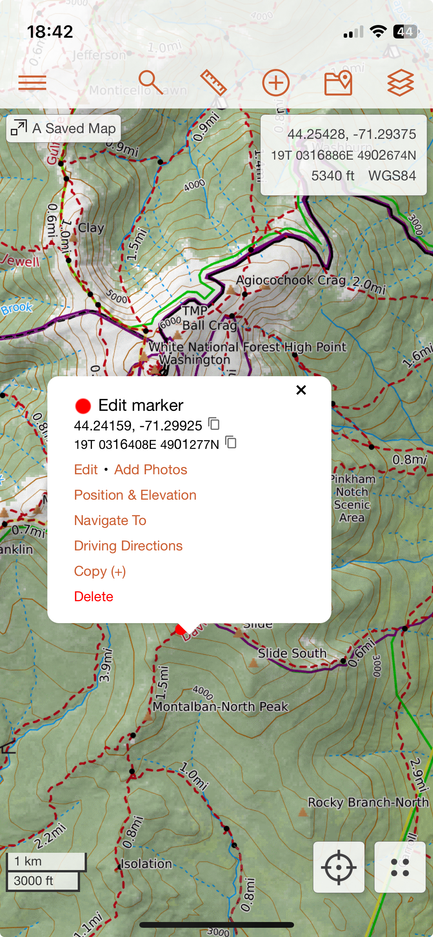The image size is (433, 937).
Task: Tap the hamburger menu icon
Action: (32, 83)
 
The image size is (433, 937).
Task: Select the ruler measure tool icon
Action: (213, 82)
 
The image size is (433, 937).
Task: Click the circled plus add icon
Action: (276, 83)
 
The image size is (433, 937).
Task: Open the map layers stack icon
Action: (400, 83)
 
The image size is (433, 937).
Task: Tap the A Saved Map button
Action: (64, 128)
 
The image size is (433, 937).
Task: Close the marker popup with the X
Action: (301, 390)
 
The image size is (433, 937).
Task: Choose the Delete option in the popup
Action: (94, 597)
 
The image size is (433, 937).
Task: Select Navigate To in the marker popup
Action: (110, 520)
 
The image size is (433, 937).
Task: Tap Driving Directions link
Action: (128, 546)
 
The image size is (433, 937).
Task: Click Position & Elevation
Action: (135, 495)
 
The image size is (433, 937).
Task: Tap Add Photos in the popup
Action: (150, 470)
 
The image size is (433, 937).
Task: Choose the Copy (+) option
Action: (100, 571)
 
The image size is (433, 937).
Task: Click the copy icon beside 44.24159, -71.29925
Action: (214, 424)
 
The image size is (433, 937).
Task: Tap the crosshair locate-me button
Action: (339, 867)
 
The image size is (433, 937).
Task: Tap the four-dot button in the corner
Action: (400, 867)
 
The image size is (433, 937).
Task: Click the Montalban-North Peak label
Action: (220, 707)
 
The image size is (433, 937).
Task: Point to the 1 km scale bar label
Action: (28, 861)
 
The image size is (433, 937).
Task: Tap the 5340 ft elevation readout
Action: (333, 176)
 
